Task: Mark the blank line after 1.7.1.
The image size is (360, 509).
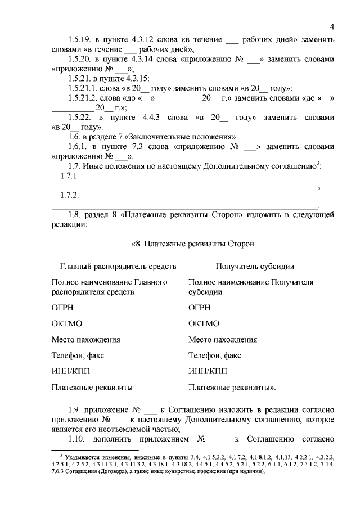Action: [x=186, y=186]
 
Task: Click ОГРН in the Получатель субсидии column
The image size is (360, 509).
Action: [x=201, y=308]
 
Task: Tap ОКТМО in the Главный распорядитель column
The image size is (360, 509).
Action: [x=66, y=323]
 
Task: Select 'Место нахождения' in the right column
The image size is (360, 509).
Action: [x=223, y=340]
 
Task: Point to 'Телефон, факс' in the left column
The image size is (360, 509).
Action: [x=78, y=355]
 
